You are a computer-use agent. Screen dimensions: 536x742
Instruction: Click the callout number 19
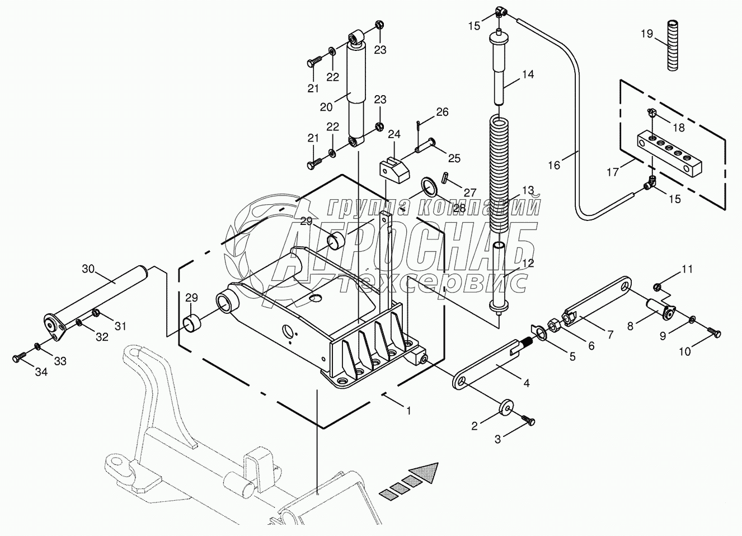pos(646,34)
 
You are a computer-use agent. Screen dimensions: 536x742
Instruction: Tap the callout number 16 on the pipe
pos(554,165)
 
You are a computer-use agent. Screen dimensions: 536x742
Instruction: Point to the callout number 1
pos(408,410)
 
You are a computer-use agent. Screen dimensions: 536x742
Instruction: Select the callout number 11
pos(687,269)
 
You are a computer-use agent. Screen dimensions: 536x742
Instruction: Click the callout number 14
pos(528,74)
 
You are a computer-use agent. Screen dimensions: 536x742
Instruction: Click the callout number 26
pos(442,112)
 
